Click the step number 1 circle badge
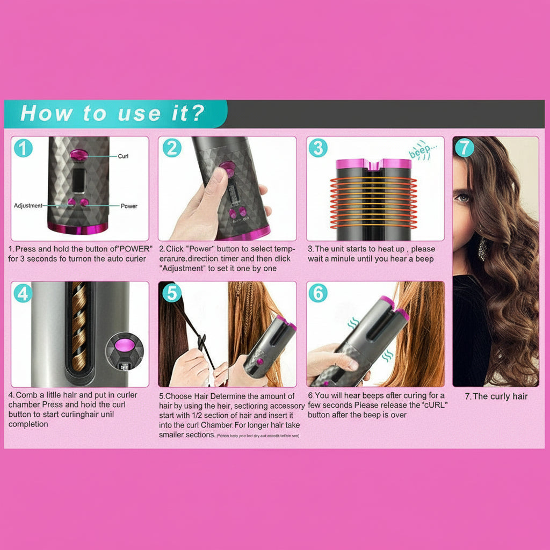click(23, 148)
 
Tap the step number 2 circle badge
click(171, 148)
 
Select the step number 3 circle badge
click(318, 148)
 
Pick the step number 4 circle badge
click(23, 293)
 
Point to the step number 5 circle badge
click(171, 293)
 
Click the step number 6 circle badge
click(318, 293)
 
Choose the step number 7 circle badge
click(465, 148)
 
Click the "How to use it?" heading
click(112, 113)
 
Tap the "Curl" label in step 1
click(123, 156)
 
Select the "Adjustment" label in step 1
click(28, 206)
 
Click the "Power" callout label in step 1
click(128, 206)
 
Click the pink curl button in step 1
click(79, 155)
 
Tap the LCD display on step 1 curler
click(79, 180)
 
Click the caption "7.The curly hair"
click(496, 396)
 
